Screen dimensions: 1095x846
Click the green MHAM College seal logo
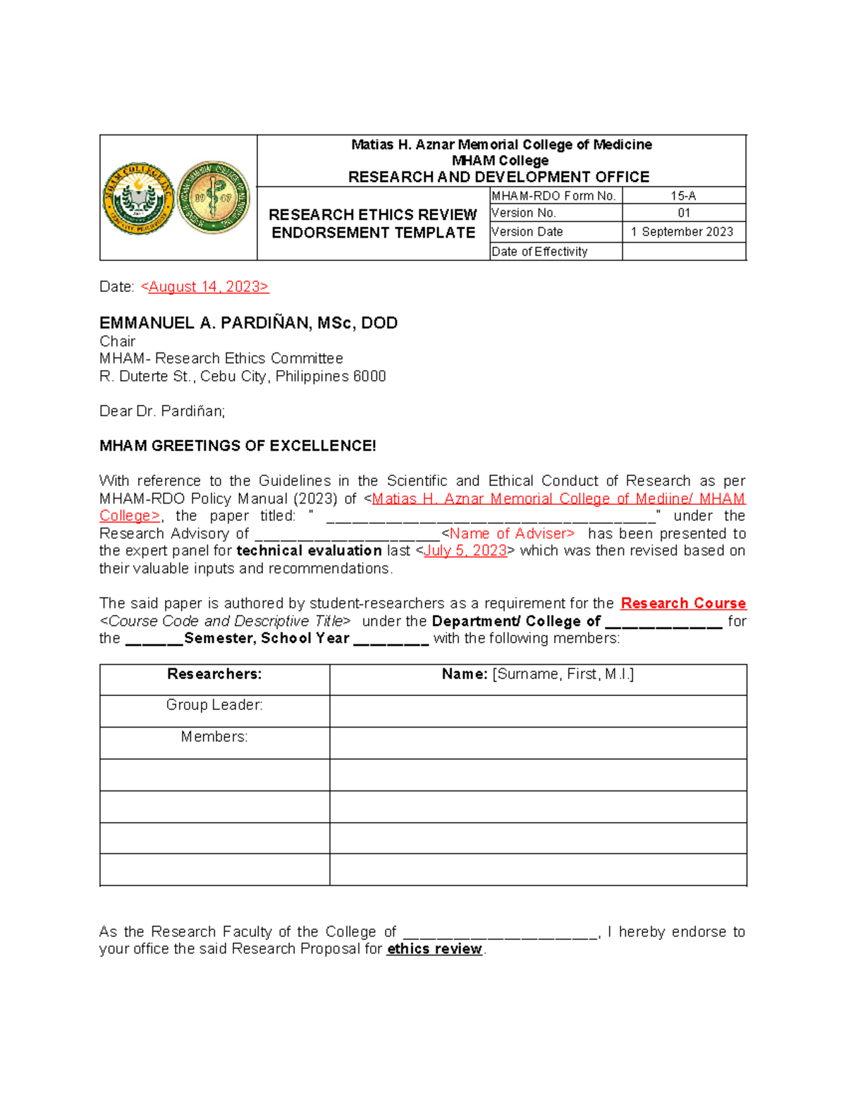[x=138, y=198]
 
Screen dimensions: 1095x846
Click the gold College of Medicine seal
[x=214, y=197]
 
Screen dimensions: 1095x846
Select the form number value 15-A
[x=683, y=196]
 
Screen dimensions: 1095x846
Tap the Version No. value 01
[x=683, y=213]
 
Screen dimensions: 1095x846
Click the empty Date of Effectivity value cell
[x=683, y=252]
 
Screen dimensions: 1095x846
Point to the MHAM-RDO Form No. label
[x=553, y=196]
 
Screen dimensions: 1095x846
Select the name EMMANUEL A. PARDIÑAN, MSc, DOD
[x=248, y=323]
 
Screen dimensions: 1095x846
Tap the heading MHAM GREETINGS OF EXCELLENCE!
[x=238, y=446]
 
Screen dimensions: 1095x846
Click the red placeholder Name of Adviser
[x=512, y=534]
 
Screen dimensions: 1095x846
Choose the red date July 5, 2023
[x=465, y=551]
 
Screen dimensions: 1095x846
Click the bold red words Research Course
[x=682, y=604]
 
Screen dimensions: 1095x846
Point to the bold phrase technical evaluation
[x=309, y=551]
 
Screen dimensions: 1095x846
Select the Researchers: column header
[x=214, y=674]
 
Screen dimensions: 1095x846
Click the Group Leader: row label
[x=214, y=705]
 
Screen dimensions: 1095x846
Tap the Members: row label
[x=214, y=737]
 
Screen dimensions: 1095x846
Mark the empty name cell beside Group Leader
[x=538, y=711]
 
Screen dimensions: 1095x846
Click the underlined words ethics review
[x=434, y=949]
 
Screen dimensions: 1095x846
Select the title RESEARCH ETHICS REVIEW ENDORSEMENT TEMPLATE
[x=373, y=224]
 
